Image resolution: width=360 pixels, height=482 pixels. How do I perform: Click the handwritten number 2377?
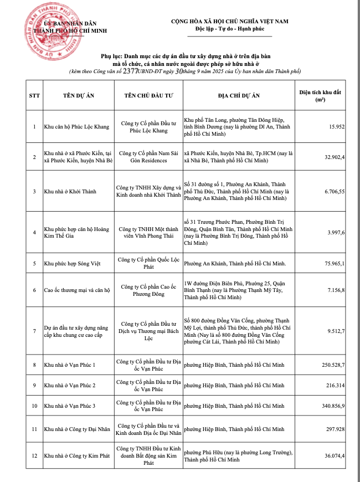(131, 71)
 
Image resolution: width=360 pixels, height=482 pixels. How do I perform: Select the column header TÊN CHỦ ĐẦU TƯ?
(149, 95)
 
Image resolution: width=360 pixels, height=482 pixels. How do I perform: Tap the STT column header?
(34, 95)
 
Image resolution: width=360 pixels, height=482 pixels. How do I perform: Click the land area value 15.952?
(336, 126)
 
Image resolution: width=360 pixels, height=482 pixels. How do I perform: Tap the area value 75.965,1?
(333, 263)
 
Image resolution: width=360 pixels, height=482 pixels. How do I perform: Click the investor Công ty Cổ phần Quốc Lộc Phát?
(149, 263)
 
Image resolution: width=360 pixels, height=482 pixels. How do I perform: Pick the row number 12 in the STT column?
(34, 455)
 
